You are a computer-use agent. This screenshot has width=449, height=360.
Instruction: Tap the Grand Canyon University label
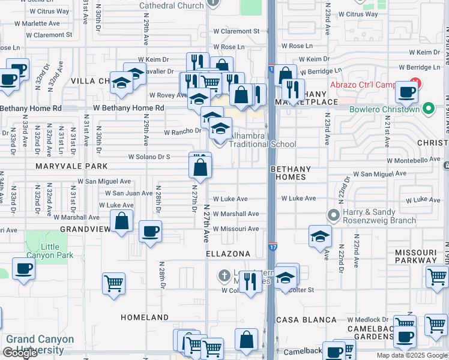(x=40, y=344)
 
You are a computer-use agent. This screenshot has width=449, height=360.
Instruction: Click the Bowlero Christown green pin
(x=428, y=109)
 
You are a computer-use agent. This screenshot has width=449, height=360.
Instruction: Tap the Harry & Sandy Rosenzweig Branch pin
(x=332, y=215)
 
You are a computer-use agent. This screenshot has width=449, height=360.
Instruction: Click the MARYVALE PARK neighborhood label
(x=71, y=166)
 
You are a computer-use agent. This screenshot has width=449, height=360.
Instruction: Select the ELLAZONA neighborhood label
(x=228, y=254)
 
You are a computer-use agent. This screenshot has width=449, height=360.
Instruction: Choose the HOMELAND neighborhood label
(x=145, y=317)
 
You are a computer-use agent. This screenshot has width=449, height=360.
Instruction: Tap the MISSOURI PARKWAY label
(x=421, y=257)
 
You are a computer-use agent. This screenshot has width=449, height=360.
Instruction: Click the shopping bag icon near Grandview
(x=122, y=221)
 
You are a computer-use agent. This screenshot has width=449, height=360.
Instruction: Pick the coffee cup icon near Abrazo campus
(x=406, y=93)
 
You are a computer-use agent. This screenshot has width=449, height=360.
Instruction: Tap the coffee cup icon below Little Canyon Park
(x=23, y=268)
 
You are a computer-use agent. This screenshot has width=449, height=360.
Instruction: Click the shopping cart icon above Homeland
(x=113, y=283)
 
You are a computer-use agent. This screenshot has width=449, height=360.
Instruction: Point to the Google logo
(x=20, y=353)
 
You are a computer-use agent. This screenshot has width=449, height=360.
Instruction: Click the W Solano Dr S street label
(x=149, y=157)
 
